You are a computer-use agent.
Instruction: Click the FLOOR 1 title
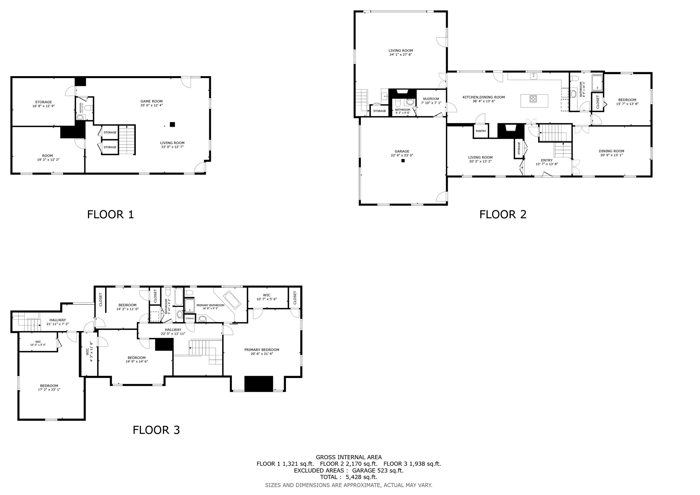pos(110,214)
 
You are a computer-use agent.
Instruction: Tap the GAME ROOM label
pos(151,101)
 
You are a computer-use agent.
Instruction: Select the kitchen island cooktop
pos(533,99)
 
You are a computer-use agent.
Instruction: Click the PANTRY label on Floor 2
pos(481,131)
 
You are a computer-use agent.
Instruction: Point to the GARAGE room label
pos(402,151)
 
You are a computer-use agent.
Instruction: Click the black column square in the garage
pos(403,161)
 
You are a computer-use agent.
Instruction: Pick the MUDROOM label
pos(431,99)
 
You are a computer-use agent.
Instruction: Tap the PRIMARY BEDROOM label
pos(262,350)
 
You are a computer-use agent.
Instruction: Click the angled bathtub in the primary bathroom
pos(232,299)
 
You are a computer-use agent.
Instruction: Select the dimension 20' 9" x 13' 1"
pos(611,155)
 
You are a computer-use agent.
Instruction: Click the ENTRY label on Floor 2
pos(547,160)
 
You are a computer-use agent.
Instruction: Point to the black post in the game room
pos(172,124)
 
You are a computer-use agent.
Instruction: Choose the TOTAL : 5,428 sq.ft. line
pos(349,477)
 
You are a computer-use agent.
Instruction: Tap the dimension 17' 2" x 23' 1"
pos(49,389)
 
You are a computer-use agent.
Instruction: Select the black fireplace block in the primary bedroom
pos(258,384)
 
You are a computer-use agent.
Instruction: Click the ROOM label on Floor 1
pos(48,155)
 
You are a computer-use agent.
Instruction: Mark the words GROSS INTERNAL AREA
pos(349,457)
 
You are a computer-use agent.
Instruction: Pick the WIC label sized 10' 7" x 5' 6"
pos(267,295)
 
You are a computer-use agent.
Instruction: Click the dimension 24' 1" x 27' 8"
pos(401,55)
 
